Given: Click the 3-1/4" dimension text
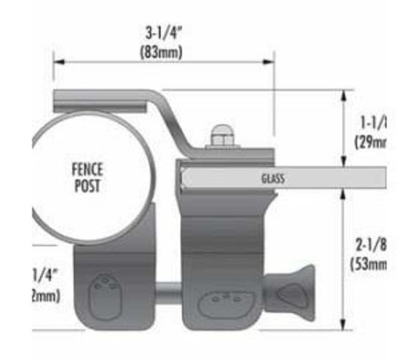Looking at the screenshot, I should [162, 33].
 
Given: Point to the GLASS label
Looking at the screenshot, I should [273, 179].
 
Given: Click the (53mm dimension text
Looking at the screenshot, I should [369, 264].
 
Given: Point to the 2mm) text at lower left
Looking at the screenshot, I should [46, 295].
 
